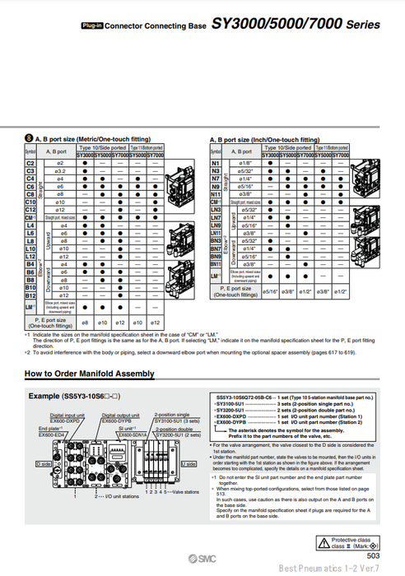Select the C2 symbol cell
pyautogui.click(x=30, y=165)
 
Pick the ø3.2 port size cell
pyautogui.click(x=60, y=171)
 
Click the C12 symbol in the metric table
pyautogui.click(x=30, y=209)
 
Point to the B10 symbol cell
pyautogui.click(x=30, y=286)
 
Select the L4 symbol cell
pyautogui.click(x=30, y=225)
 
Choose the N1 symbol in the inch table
pyautogui.click(x=216, y=164)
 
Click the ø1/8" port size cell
pyautogui.click(x=244, y=164)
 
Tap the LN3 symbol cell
pyautogui.click(x=216, y=209)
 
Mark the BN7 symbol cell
pyautogui.click(x=216, y=248)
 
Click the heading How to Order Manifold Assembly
pyautogui.click(x=90, y=374)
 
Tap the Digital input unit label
pyautogui.click(x=67, y=416)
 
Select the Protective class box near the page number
pyautogui.click(x=361, y=543)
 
